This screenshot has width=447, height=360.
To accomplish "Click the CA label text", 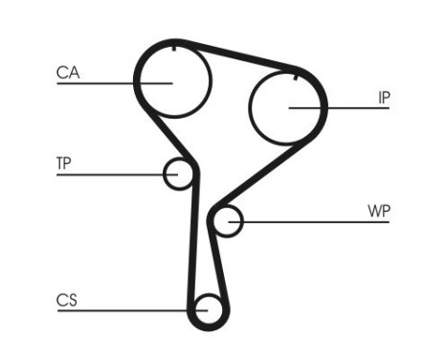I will (x=67, y=73).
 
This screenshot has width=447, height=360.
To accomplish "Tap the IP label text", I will (x=383, y=98).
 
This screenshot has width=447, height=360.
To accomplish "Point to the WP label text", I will (x=379, y=211).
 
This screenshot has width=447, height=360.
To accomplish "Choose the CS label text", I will (x=66, y=301).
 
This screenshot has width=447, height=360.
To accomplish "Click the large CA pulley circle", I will (x=172, y=80).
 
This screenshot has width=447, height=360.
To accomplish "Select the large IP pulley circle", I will (x=287, y=105).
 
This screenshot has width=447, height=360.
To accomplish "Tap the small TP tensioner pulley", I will (x=179, y=173).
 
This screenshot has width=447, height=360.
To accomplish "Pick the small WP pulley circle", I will (x=227, y=222).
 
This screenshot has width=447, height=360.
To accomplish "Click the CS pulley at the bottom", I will (x=208, y=309).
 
